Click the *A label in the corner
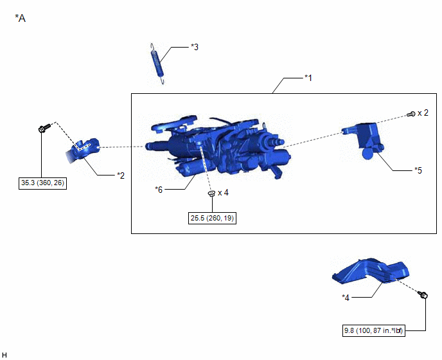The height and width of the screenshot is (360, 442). click(x=21, y=18)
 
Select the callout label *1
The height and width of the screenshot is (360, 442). click(x=308, y=78)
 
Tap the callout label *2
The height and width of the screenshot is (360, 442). click(x=121, y=175)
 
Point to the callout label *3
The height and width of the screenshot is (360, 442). click(x=195, y=47)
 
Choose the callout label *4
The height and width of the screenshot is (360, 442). click(x=346, y=298)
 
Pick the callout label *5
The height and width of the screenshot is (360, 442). click(x=418, y=170)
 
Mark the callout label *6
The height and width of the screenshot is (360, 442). click(x=159, y=190)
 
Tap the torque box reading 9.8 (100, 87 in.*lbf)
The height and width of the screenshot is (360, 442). click(x=373, y=330)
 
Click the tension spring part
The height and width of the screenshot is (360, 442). click(x=157, y=64)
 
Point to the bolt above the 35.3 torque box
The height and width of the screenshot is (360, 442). click(x=44, y=128)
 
